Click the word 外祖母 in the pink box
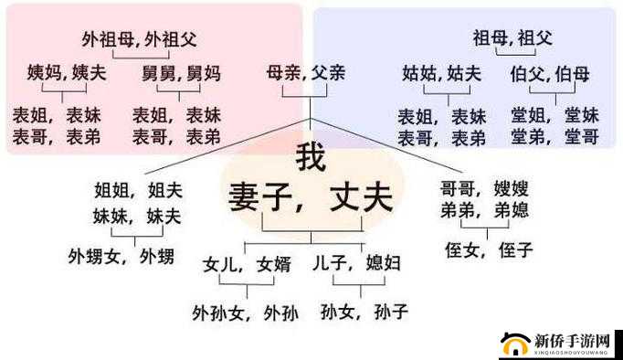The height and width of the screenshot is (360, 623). pos(108,39)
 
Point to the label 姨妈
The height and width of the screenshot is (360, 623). pos(43,72)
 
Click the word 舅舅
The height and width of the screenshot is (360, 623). pos(158,72)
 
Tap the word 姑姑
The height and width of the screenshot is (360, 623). pos(419,73)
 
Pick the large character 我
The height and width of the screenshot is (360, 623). pos(311,158)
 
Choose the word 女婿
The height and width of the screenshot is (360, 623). pos(273,264)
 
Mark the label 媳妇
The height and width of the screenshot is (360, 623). pos(382,264)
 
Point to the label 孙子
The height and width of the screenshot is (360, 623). pos(391,312)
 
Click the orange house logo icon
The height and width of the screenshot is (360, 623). pos(516,344)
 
